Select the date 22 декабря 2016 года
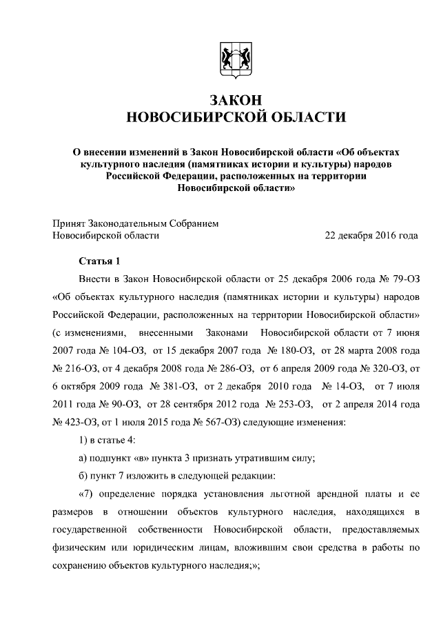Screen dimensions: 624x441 [371, 235]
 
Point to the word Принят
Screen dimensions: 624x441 [70, 223]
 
